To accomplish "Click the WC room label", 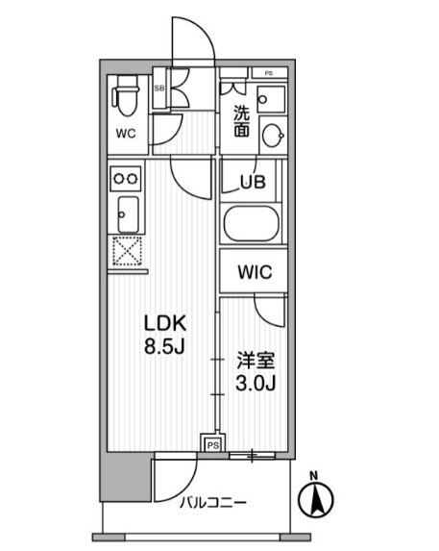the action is [x=126, y=134].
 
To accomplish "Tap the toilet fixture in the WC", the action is [x=125, y=96].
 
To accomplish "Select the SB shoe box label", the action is [x=159, y=88].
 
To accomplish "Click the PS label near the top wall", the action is [x=269, y=73].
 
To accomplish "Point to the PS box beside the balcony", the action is [x=213, y=445].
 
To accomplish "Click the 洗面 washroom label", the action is [x=242, y=121].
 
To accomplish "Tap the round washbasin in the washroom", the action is [x=274, y=136].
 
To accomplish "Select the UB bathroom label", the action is [x=253, y=182].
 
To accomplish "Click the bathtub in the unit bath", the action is [x=252, y=223].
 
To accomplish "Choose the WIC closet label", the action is [x=255, y=272].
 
